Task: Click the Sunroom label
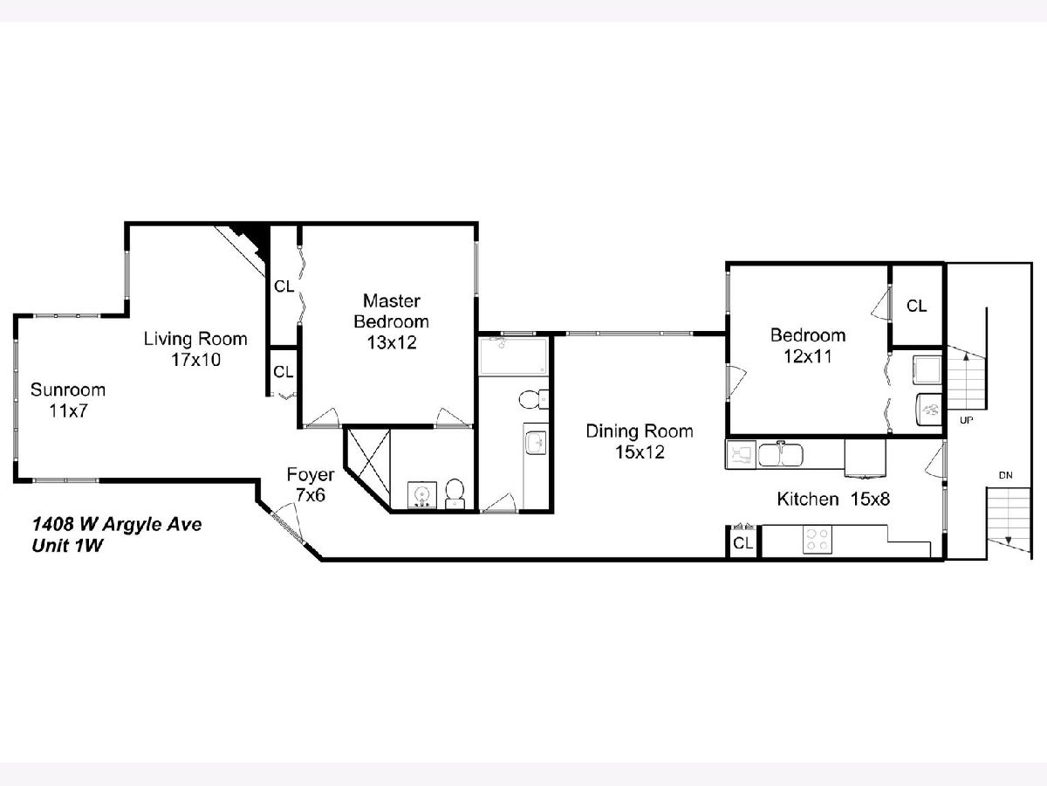[68, 390]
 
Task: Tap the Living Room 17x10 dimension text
[196, 360]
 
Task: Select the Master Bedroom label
[391, 311]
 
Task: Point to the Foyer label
[311, 475]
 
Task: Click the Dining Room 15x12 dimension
[640, 452]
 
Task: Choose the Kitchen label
[808, 500]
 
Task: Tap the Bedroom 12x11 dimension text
[808, 356]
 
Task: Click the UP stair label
[967, 420]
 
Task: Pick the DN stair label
[1005, 475]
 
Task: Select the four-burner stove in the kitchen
[818, 540]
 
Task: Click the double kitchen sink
[780, 455]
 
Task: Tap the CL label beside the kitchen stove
[742, 543]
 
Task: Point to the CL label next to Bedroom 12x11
[916, 306]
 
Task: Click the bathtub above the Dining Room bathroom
[514, 356]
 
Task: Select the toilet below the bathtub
[533, 399]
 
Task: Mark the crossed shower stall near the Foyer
[367, 462]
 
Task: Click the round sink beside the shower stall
[421, 495]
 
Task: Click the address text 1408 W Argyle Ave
[117, 525]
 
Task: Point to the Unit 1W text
[67, 546]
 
